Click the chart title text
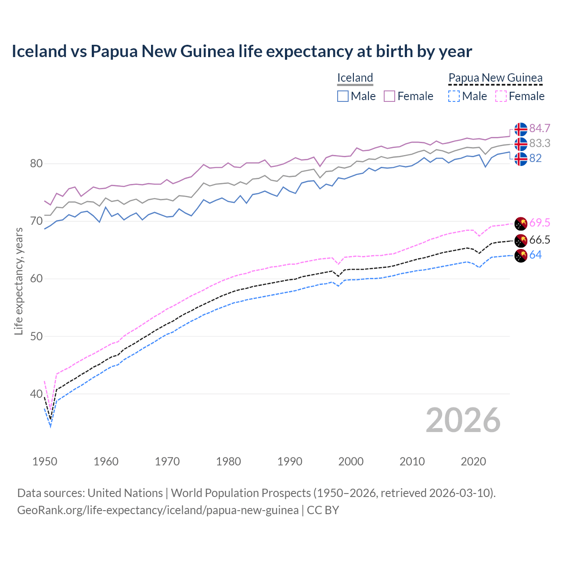[241, 51]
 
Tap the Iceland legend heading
[355, 78]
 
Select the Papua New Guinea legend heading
[495, 78]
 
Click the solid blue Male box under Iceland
[343, 96]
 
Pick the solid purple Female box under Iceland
[389, 96]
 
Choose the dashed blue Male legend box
[454, 96]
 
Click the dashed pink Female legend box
[501, 96]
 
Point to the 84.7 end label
[540, 128]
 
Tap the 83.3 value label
[540, 143]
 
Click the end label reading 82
[535, 158]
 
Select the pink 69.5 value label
[540, 223]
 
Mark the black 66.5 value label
[540, 240]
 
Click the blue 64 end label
[535, 255]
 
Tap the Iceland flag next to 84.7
[521, 129]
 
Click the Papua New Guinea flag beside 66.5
[521, 241]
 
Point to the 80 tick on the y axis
[36, 164]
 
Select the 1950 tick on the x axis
[45, 461]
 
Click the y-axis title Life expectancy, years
[18, 281]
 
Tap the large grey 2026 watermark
[463, 420]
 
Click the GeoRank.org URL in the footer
[158, 510]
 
